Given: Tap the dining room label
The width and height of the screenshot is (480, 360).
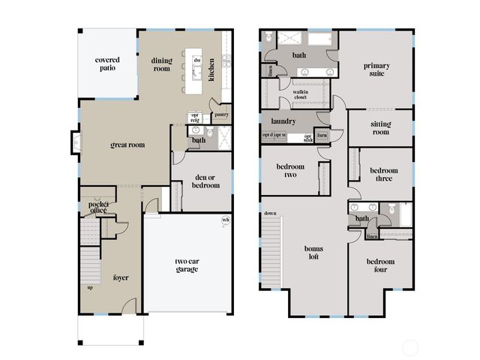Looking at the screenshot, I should [162, 65].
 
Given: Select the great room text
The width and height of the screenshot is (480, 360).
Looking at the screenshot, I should [127, 145].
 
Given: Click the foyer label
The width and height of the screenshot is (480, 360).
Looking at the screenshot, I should [121, 277].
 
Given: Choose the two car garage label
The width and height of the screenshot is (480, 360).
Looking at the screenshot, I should [187, 265].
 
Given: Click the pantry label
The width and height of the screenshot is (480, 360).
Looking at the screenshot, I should [221, 115].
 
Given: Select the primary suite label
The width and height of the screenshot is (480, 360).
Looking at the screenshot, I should [376, 70].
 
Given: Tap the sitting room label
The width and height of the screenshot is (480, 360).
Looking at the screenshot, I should [381, 128].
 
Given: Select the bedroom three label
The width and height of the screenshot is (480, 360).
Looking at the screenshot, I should [384, 175].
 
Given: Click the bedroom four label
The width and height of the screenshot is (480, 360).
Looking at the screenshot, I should [381, 265].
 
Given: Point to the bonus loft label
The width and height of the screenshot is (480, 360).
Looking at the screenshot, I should [313, 252].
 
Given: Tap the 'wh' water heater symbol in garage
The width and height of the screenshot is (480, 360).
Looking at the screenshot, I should [226, 220].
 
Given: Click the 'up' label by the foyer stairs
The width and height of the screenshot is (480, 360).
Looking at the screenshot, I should [91, 287].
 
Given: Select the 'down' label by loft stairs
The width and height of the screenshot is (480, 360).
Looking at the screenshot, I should [270, 214].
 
